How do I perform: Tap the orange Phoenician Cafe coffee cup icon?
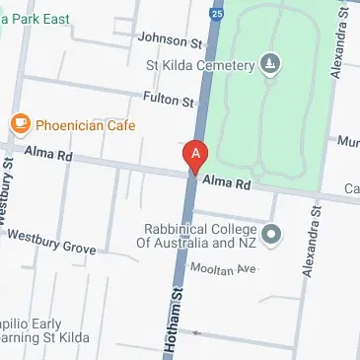(20, 124)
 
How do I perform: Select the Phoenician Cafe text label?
(85, 125)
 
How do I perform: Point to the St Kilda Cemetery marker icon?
(270, 65)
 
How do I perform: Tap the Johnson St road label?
(170, 40)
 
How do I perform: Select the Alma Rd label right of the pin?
(228, 183)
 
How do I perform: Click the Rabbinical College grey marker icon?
(273, 235)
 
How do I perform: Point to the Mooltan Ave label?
(223, 268)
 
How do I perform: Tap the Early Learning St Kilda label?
(44, 330)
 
